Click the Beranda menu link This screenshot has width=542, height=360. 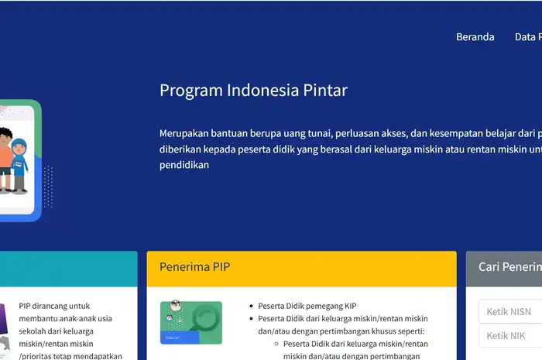[x=475, y=37]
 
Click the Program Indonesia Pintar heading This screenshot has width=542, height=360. [x=253, y=90]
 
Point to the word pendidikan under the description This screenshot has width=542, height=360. [x=184, y=165]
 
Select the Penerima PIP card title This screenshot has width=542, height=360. [x=194, y=267]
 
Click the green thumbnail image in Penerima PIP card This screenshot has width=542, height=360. [x=190, y=323]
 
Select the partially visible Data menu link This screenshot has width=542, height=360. [x=528, y=37]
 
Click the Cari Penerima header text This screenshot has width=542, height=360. [x=509, y=267]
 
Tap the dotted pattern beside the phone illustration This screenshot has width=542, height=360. [x=49, y=187]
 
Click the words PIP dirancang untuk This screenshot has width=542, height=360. [x=52, y=306]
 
